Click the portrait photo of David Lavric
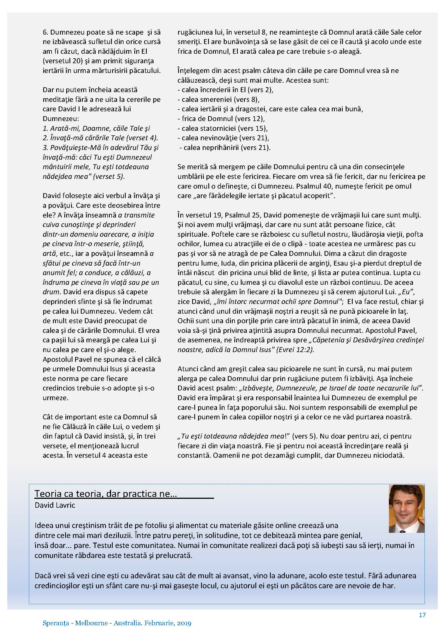(406, 509)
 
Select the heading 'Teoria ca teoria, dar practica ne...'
(106, 494)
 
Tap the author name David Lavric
(55, 505)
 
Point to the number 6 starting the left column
(45, 32)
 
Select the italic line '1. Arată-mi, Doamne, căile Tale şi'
(96, 128)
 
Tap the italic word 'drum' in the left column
(51, 292)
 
